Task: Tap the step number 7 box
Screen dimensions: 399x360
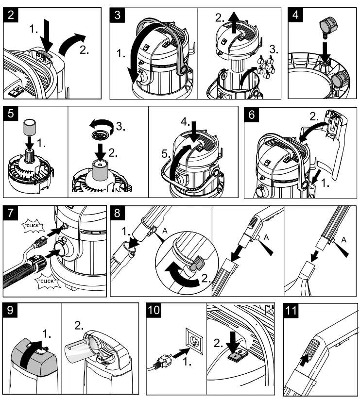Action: pos(12,214)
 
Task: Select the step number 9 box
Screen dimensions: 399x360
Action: pos(12,310)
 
